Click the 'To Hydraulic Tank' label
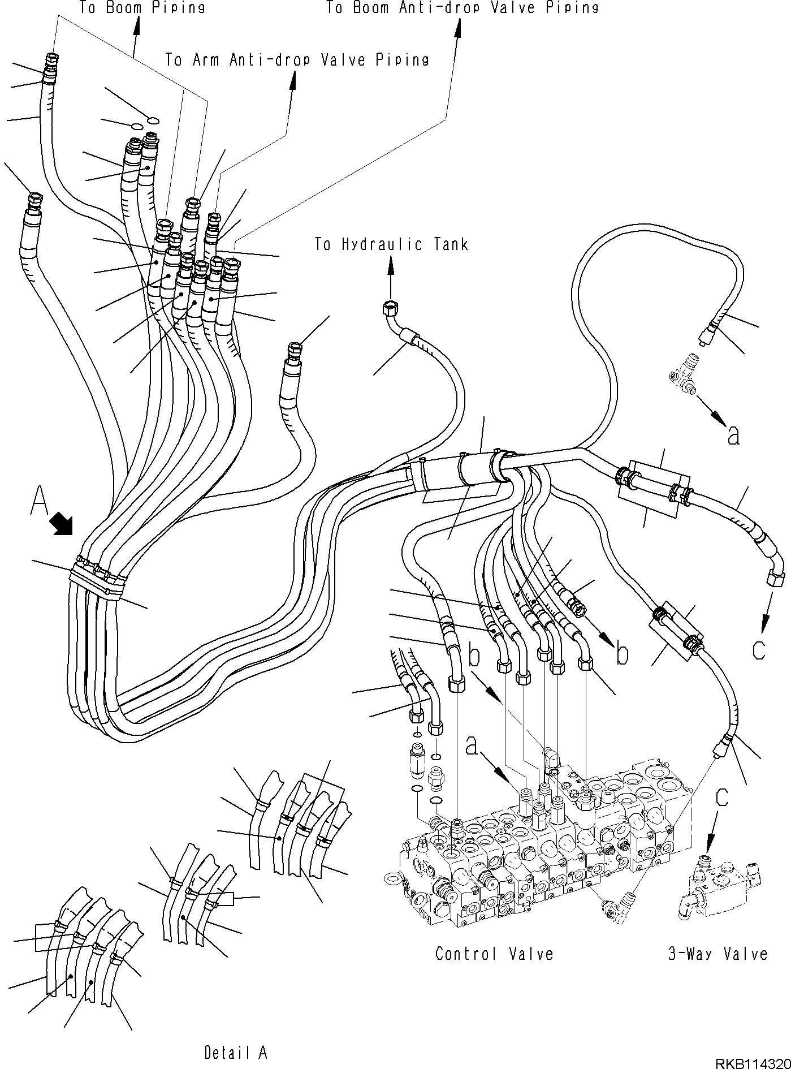[391, 244]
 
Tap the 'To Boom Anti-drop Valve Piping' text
[462, 7]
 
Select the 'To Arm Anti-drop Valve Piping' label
[297, 59]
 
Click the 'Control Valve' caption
[494, 954]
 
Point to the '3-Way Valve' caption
[717, 954]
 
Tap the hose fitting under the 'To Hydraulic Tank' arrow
[389, 308]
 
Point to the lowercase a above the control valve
[473, 747]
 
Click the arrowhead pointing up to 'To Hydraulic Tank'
[390, 262]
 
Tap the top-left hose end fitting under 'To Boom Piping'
[52, 59]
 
